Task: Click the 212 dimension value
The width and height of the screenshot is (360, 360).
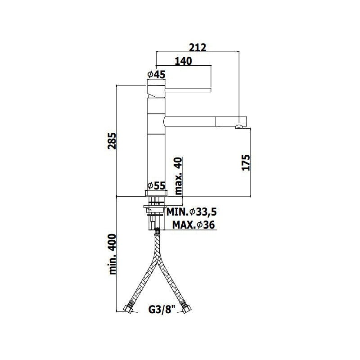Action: coord(198,48)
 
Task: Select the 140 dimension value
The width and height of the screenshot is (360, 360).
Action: coord(184,61)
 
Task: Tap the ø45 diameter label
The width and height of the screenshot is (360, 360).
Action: coord(156,74)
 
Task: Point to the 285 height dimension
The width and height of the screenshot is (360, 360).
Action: coord(112,141)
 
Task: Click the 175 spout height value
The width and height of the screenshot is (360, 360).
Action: coord(246,162)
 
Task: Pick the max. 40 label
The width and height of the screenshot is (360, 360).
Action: coord(178,176)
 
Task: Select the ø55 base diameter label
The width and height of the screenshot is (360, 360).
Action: coord(156,185)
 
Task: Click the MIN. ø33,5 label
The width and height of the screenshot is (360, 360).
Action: coord(192,212)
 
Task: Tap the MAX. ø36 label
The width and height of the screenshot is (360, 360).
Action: coord(193,225)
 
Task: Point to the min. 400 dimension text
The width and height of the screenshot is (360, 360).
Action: coord(112,254)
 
